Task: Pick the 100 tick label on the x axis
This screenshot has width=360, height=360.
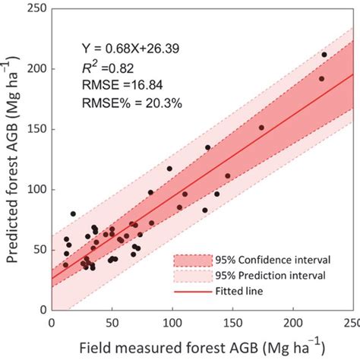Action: pos(172,322)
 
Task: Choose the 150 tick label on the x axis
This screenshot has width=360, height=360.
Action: pos(232,322)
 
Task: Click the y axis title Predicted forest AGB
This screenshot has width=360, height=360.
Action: pos(13,159)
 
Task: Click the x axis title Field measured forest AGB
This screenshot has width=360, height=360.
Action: pos(181,346)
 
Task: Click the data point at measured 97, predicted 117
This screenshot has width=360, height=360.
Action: pos(169,169)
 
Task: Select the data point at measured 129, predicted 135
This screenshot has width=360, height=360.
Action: pos(208,148)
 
